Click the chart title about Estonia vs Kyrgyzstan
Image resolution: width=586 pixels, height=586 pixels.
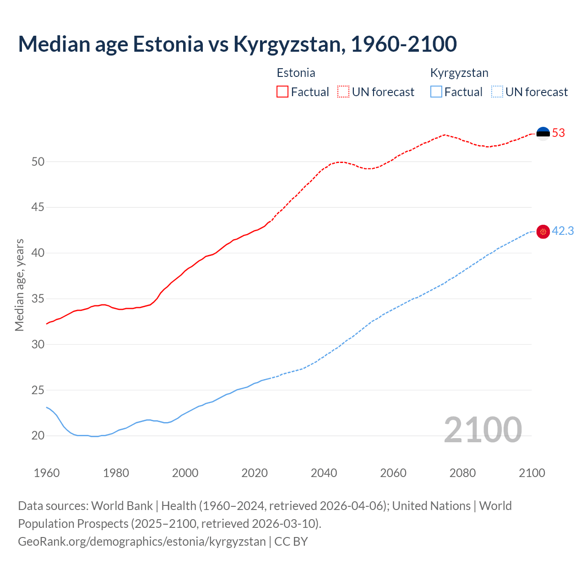(237, 44)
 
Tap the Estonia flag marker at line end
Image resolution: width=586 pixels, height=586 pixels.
(543, 133)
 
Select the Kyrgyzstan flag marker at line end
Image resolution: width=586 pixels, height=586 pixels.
(543, 232)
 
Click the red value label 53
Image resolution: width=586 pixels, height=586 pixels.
(559, 133)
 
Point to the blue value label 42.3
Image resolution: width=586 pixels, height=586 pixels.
(563, 231)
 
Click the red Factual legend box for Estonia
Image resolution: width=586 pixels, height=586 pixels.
(282, 92)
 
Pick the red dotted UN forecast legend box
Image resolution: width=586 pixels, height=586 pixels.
(343, 92)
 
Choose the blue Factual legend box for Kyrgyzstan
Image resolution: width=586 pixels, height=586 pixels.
(436, 92)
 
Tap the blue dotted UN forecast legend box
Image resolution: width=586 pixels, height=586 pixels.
(497, 92)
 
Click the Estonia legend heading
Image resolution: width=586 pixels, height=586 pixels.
(296, 73)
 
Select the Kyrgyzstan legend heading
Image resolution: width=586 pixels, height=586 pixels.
(459, 73)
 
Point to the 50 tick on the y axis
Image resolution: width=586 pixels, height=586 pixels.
(38, 162)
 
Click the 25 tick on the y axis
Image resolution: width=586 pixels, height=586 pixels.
(38, 390)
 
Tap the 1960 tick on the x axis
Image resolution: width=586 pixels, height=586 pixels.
(47, 473)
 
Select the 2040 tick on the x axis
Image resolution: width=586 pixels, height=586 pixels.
(324, 473)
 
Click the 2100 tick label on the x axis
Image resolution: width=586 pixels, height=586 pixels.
(532, 473)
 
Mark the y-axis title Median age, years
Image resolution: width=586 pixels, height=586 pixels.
(19, 285)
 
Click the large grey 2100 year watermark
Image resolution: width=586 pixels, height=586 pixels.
(483, 429)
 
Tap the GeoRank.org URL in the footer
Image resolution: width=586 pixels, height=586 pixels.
(142, 542)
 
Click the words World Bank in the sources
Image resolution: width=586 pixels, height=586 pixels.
(122, 506)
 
